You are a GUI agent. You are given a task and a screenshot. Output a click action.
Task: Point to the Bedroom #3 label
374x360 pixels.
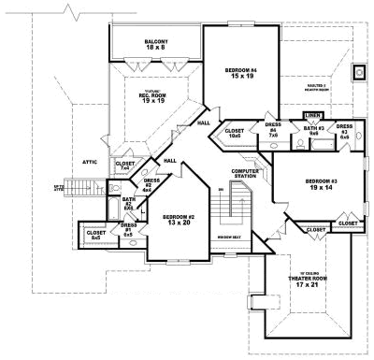pyautogui.click(x=322, y=184)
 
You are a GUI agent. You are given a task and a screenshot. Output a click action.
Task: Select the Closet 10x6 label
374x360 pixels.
pyautogui.click(x=234, y=133)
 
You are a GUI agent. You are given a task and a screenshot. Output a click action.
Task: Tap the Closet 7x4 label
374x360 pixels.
pyautogui.click(x=124, y=166)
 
